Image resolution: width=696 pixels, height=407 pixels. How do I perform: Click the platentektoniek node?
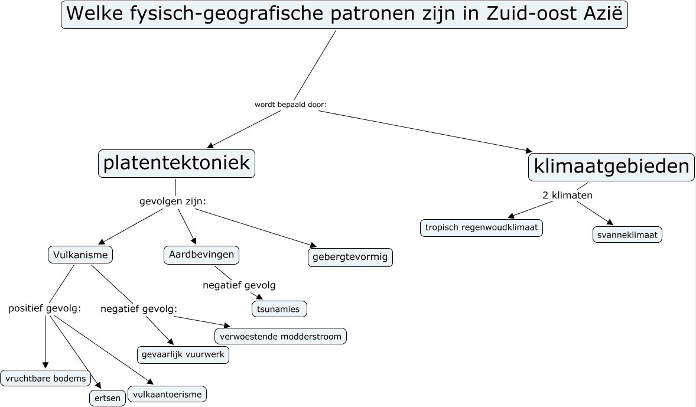pyautogui.click(x=177, y=164)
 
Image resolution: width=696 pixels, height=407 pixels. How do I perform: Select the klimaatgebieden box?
pyautogui.click(x=611, y=167)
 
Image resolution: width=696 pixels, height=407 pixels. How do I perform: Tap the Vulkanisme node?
pyautogui.click(x=80, y=255)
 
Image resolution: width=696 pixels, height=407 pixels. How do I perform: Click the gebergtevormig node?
pyautogui.click(x=350, y=258)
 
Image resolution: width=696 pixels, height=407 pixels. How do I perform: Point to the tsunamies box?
pyautogui.click(x=279, y=309)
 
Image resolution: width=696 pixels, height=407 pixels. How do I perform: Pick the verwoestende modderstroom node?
pyautogui.click(x=281, y=336)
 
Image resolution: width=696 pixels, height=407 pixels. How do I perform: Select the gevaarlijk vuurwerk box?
pyautogui.click(x=183, y=355)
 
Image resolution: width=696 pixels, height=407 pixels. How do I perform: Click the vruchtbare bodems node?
pyautogui.click(x=45, y=378)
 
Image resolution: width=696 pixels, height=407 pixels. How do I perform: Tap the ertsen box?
pyautogui.click(x=108, y=398)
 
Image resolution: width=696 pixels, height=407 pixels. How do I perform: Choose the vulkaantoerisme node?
pyautogui.click(x=167, y=394)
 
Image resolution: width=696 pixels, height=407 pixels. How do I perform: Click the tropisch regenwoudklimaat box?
pyautogui.click(x=482, y=227)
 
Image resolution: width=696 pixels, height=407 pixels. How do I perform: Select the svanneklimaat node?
pyautogui.click(x=627, y=235)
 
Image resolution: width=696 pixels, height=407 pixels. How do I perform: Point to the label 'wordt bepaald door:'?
pyautogui.click(x=291, y=105)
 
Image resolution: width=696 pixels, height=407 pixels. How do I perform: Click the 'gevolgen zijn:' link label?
pyautogui.click(x=173, y=201)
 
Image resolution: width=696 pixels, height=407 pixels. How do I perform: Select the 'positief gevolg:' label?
pyautogui.click(x=44, y=308)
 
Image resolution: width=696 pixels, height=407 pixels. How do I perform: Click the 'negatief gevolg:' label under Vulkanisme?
pyautogui.click(x=139, y=308)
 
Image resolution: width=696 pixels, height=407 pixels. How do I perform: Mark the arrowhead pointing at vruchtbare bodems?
pyautogui.click(x=45, y=366)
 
